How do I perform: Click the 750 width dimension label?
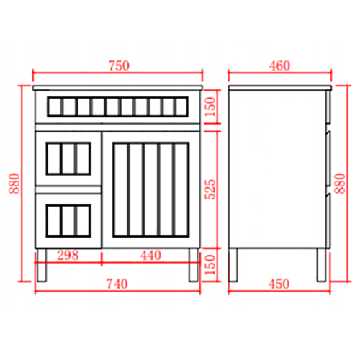pyautogui.click(x=119, y=66)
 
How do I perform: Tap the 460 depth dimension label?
pyautogui.click(x=279, y=66)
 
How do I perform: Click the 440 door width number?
pyautogui.click(x=150, y=256)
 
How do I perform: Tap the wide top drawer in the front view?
pyautogui.click(x=120, y=107)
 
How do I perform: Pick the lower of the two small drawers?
pyautogui.click(x=68, y=219)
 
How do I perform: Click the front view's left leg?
pyautogui.click(x=43, y=264)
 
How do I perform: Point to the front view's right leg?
pyautogui.click(x=194, y=264)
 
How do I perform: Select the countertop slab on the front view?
pyautogui.click(x=120, y=89)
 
